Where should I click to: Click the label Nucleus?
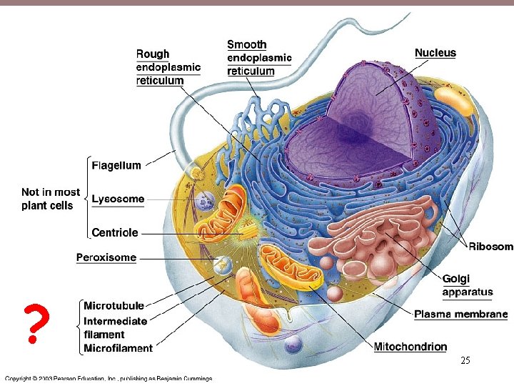435,52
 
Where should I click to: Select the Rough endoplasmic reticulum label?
168,67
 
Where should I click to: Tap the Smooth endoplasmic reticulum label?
258,58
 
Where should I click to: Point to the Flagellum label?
116,166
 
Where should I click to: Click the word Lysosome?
118,199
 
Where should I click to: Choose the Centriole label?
115,232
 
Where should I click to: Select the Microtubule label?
114,306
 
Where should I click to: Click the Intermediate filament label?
115,327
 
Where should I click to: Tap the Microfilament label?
118,348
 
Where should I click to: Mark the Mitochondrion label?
410,347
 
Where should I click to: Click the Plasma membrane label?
460,314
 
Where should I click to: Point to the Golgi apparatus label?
467,285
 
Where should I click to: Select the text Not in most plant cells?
50,199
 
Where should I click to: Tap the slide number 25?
465,361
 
